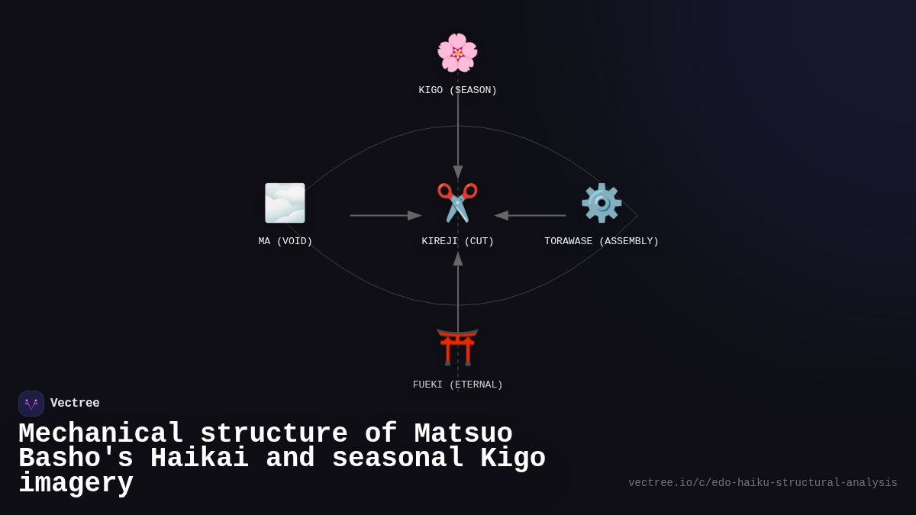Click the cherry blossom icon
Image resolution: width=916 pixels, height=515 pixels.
(457, 53)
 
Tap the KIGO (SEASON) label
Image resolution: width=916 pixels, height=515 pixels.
(457, 90)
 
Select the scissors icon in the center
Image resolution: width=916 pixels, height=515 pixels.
(457, 203)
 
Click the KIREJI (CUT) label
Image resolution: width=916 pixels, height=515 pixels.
(457, 241)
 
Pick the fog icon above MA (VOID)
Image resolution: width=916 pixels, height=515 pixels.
(285, 203)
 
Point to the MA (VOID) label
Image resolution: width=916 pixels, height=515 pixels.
(285, 241)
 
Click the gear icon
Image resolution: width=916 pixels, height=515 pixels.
(602, 203)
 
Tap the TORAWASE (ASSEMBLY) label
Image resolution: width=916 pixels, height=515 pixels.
(602, 241)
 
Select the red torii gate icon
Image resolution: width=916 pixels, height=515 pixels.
(457, 346)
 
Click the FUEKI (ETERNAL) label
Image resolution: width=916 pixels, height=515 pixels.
(457, 385)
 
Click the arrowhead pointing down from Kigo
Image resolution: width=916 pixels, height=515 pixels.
(458, 172)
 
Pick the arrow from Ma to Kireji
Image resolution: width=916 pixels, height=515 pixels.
(385, 215)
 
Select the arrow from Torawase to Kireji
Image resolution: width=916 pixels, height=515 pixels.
(531, 215)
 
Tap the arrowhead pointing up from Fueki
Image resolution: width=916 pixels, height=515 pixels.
(458, 259)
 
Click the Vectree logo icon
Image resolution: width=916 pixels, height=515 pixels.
(31, 404)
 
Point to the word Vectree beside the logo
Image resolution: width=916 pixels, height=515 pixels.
(75, 404)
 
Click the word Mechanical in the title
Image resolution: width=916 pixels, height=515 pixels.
(101, 434)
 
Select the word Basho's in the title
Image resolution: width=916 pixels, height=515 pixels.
(76, 459)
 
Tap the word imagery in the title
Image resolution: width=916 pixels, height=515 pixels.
(76, 484)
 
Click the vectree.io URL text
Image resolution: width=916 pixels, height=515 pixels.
(763, 483)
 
